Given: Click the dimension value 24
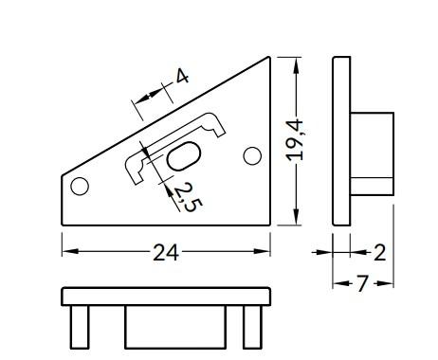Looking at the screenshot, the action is pyautogui.click(x=166, y=253).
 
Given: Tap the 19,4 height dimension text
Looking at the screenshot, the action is pyautogui.click(x=295, y=140).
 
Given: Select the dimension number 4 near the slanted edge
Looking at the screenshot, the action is pyautogui.click(x=182, y=77).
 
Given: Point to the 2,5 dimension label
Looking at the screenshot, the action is pyautogui.click(x=188, y=198).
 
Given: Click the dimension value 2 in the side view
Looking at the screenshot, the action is pyautogui.click(x=379, y=253).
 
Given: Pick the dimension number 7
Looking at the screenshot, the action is pyautogui.click(x=362, y=283).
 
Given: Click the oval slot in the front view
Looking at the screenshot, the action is pyautogui.click(x=184, y=156).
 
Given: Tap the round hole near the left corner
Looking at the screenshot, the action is pyautogui.click(x=80, y=187).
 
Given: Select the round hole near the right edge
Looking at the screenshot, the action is pyautogui.click(x=252, y=156).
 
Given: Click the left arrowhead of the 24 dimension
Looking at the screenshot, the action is pyautogui.click(x=69, y=252).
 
